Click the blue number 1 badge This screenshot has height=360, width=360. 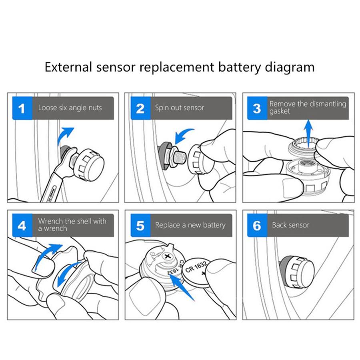tap(22, 108)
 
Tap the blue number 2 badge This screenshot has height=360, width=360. tap(140, 108)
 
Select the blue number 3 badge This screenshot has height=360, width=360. tap(257, 108)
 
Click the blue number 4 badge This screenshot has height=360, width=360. tap(22, 225)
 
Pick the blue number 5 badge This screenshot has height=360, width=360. tap(140, 225)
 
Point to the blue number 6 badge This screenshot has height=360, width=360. tap(257, 225)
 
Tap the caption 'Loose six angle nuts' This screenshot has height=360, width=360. tap(70, 108)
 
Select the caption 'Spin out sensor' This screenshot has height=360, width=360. tap(180, 108)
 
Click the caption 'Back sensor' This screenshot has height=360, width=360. tap(290, 225)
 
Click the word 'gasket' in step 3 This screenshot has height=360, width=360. tap(280, 112)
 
